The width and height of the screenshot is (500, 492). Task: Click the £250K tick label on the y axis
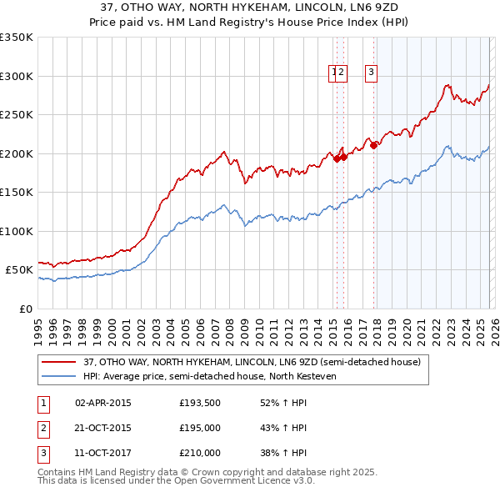pos(17,115)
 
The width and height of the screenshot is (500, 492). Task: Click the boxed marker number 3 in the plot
pos(370,73)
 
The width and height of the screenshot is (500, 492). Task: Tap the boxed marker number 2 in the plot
pos(342,73)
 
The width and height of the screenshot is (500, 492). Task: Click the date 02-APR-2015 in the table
pos(103,403)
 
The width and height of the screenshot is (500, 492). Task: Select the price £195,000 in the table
pos(200,428)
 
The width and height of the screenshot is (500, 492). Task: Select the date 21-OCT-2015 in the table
pos(103,428)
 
